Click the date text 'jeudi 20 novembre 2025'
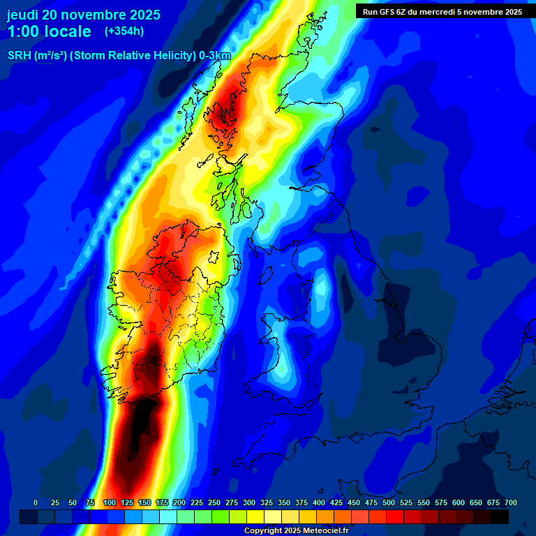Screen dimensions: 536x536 (84, 15)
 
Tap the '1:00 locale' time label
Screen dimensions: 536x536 (50, 31)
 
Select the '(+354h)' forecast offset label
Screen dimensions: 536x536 (124, 31)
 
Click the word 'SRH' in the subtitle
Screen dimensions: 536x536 (19, 56)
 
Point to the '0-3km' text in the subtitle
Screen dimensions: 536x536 (215, 56)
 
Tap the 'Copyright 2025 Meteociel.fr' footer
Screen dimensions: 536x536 (296, 530)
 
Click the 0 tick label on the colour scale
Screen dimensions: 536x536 (36, 502)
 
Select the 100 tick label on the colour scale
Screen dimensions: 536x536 (110, 502)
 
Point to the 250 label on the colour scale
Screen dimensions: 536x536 (214, 502)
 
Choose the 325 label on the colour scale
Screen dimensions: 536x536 (267, 502)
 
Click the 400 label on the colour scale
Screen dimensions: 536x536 (319, 502)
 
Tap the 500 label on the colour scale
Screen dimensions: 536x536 (389, 502)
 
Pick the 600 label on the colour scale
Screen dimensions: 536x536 (459, 502)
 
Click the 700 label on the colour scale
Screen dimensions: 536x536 (511, 502)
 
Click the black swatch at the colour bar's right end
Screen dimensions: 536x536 (500, 516)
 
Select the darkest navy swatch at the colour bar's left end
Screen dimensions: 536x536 (28, 516)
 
